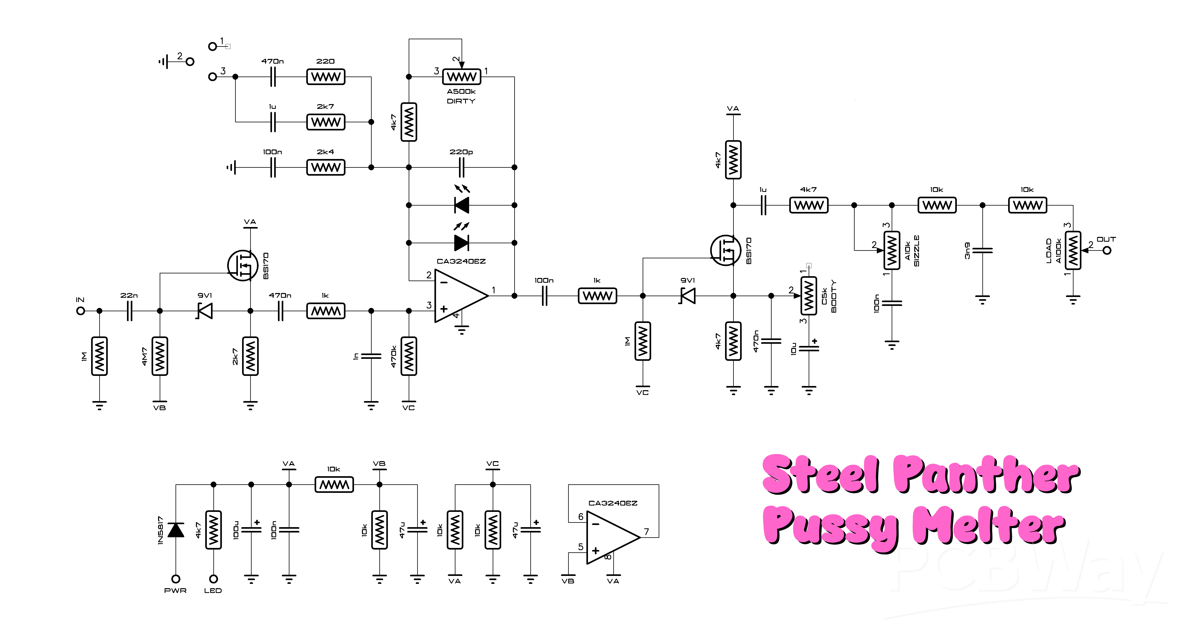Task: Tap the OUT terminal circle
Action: pos(1107,251)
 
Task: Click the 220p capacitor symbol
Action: pos(461,167)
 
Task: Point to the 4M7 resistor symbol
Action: pos(160,356)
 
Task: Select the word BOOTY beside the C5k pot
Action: pos(834,296)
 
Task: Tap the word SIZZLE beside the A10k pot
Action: pos(917,251)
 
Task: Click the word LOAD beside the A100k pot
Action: pos(1049,251)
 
